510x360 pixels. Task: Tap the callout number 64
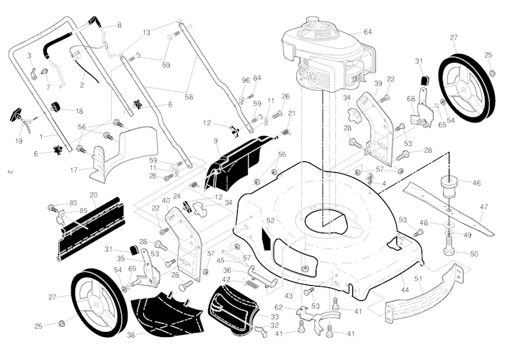point(368,32)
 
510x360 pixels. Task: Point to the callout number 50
point(473,254)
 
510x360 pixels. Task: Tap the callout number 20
point(94,195)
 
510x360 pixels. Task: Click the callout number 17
point(73,171)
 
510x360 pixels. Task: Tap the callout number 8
point(120,25)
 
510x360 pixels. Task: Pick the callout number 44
point(405,289)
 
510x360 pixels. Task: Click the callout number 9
point(215,140)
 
